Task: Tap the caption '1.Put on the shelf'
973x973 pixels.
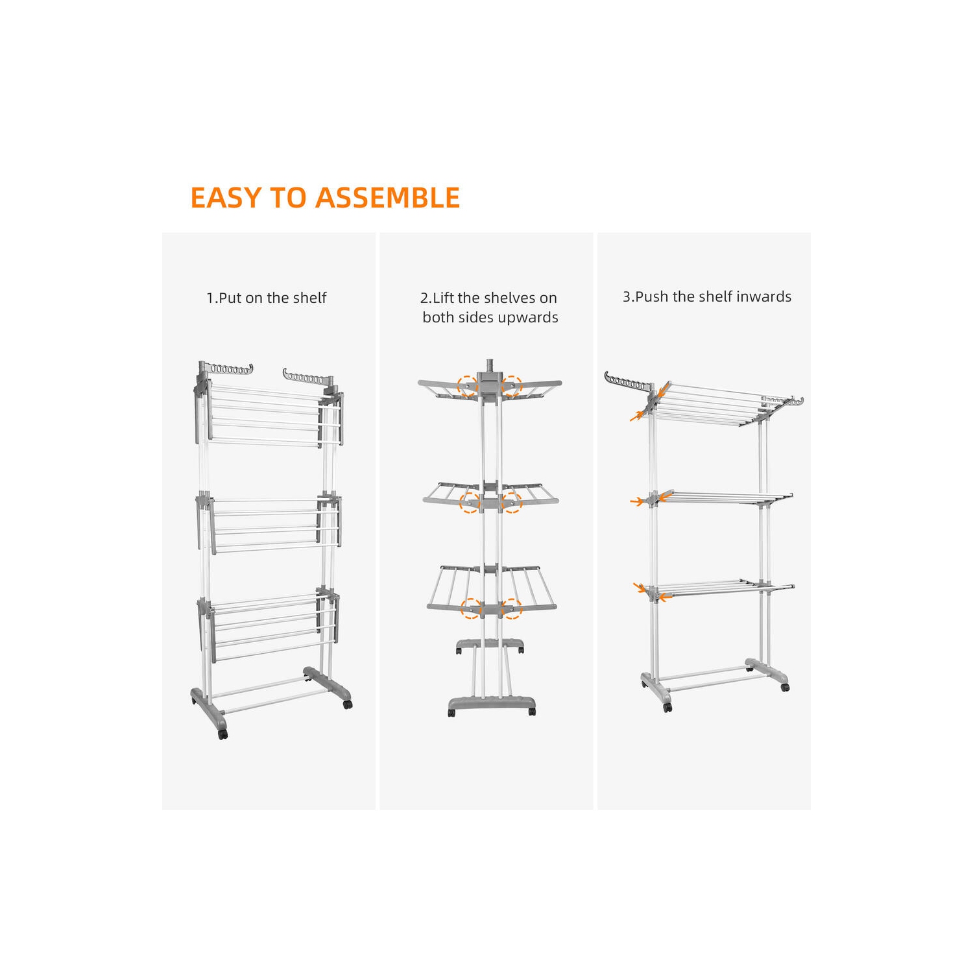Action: click(266, 298)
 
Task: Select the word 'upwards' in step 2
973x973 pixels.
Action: click(528, 317)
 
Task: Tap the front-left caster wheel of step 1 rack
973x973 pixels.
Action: click(223, 734)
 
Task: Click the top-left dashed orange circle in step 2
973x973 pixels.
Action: click(467, 386)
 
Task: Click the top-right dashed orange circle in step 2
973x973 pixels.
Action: click(511, 386)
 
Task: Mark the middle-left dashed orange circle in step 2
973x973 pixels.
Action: click(469, 502)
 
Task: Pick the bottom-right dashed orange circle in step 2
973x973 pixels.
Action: click(511, 608)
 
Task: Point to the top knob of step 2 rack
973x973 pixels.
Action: click(489, 361)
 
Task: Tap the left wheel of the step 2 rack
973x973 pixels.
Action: click(451, 712)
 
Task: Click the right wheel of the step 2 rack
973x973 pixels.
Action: click(532, 712)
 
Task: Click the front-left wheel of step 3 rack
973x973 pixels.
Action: click(667, 708)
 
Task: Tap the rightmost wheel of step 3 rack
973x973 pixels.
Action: click(786, 687)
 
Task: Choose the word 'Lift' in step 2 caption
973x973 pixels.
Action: click(444, 298)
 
